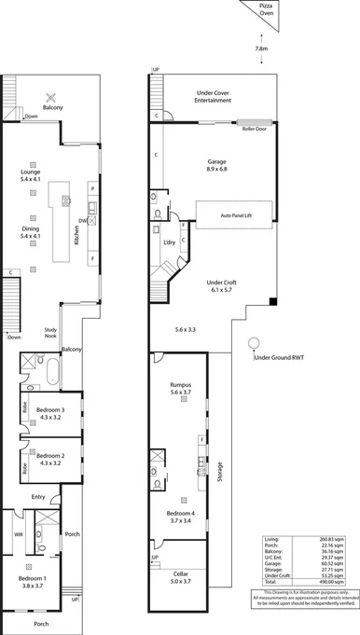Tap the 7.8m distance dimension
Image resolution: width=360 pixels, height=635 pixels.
coord(262,48)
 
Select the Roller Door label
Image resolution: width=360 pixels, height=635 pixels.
coord(255,131)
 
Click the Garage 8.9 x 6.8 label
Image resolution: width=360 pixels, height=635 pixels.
coord(216,166)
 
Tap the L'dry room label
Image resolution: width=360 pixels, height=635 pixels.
coord(170,242)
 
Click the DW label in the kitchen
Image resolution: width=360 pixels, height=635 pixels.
coord(83,220)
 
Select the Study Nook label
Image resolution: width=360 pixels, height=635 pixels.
coord(52,334)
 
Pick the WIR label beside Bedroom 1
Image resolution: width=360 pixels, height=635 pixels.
coord(18,535)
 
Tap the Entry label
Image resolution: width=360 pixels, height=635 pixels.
coord(37,497)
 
